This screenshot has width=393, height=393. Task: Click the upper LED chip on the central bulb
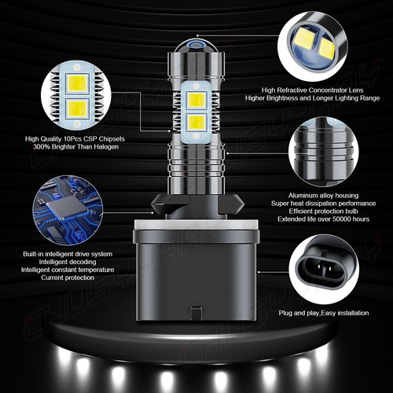(x=196, y=101)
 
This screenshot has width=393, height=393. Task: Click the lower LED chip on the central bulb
(x=196, y=123)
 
